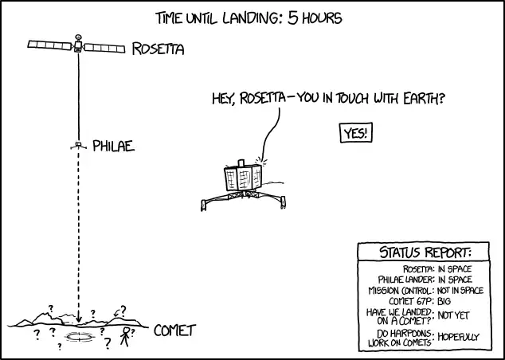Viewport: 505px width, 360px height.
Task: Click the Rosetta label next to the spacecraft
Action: [x=159, y=49]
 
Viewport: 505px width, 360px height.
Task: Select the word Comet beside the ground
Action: [x=174, y=330]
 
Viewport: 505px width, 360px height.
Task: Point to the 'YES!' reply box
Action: [x=355, y=133]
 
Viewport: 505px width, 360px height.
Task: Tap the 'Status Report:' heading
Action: [x=420, y=253]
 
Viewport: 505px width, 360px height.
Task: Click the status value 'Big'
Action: [x=444, y=302]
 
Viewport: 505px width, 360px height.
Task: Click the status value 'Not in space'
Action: [x=460, y=291]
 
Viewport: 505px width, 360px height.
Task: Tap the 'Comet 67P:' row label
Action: [x=411, y=302]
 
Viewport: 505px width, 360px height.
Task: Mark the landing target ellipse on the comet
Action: [x=79, y=337]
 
